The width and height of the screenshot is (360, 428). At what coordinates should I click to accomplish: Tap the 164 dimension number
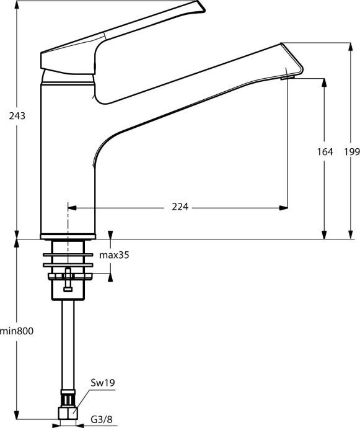tap(324, 151)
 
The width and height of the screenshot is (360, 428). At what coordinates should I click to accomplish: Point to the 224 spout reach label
tap(181, 207)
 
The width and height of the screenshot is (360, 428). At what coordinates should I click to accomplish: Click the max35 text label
tap(115, 255)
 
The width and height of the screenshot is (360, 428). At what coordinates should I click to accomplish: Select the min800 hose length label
tap(17, 331)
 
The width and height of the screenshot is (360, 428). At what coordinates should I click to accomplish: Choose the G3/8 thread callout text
tap(102, 420)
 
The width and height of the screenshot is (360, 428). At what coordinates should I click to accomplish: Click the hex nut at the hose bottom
tap(67, 412)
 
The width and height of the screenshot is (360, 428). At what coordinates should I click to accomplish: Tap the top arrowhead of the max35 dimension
tap(111, 235)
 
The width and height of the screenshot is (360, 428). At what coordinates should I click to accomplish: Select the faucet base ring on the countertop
tap(67, 236)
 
